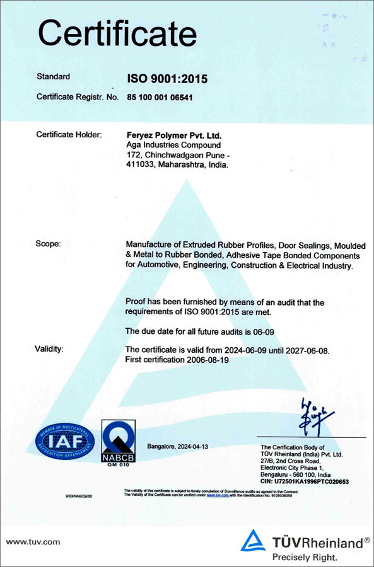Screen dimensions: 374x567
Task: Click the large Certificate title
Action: (x=117, y=32)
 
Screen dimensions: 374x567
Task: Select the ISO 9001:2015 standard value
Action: (x=167, y=79)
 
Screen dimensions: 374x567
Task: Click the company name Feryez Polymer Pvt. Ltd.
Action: (x=175, y=135)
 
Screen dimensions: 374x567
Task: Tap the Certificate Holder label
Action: (x=70, y=135)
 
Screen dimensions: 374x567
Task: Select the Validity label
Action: (x=52, y=348)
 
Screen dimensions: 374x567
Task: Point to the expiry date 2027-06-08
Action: (x=305, y=350)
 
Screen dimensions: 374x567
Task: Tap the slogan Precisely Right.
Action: (x=305, y=557)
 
